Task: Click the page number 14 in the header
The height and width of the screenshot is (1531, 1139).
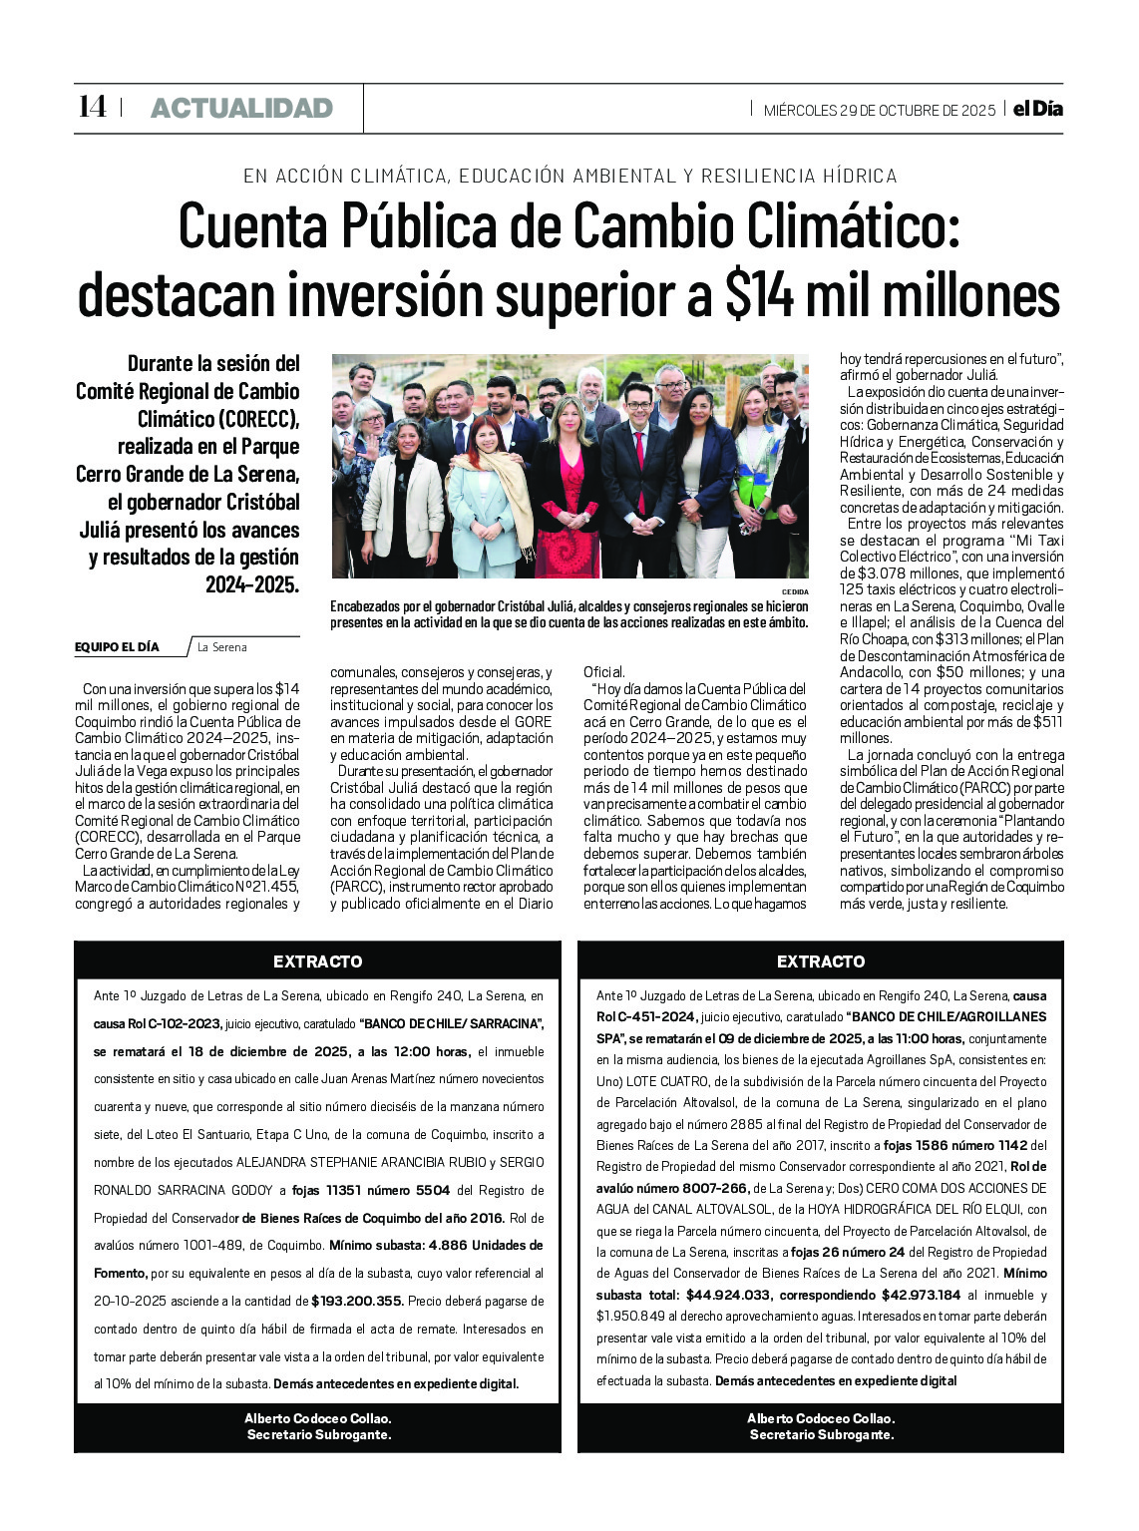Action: [92, 107]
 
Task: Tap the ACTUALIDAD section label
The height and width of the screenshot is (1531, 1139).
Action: [241, 108]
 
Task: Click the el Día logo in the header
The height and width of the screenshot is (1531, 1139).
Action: [1037, 109]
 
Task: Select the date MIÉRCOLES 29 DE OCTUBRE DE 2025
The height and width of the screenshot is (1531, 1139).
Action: [880, 110]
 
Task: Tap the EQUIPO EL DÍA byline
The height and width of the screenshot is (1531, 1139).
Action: [117, 647]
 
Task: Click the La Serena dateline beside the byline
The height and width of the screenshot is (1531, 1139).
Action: [221, 647]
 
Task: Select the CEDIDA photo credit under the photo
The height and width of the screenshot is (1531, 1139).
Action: [795, 591]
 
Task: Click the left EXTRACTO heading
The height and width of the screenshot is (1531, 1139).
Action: [317, 961]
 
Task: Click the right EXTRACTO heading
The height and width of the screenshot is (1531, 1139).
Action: [821, 961]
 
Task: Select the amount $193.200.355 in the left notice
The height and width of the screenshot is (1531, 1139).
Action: [357, 1301]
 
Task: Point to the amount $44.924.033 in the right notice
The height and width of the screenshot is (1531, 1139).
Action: [729, 1295]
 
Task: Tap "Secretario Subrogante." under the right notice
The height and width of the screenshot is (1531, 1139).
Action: [821, 1435]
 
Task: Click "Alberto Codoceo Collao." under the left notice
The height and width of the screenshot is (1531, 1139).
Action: [317, 1418]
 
